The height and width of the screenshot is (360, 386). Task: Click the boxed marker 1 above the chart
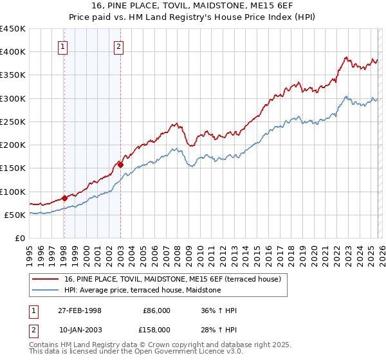(64, 46)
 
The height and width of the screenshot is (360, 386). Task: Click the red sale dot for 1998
(64, 198)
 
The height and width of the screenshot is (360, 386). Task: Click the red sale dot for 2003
(120, 165)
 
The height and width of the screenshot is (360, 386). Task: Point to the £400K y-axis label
(12, 52)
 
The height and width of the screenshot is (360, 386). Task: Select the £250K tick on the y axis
(12, 122)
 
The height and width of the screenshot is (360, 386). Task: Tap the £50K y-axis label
(15, 215)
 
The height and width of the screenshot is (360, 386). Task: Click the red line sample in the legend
(45, 280)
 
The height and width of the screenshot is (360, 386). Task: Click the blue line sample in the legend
(45, 291)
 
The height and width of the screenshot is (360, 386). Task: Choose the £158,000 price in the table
(156, 329)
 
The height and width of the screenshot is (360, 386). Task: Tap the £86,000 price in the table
(156, 310)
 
